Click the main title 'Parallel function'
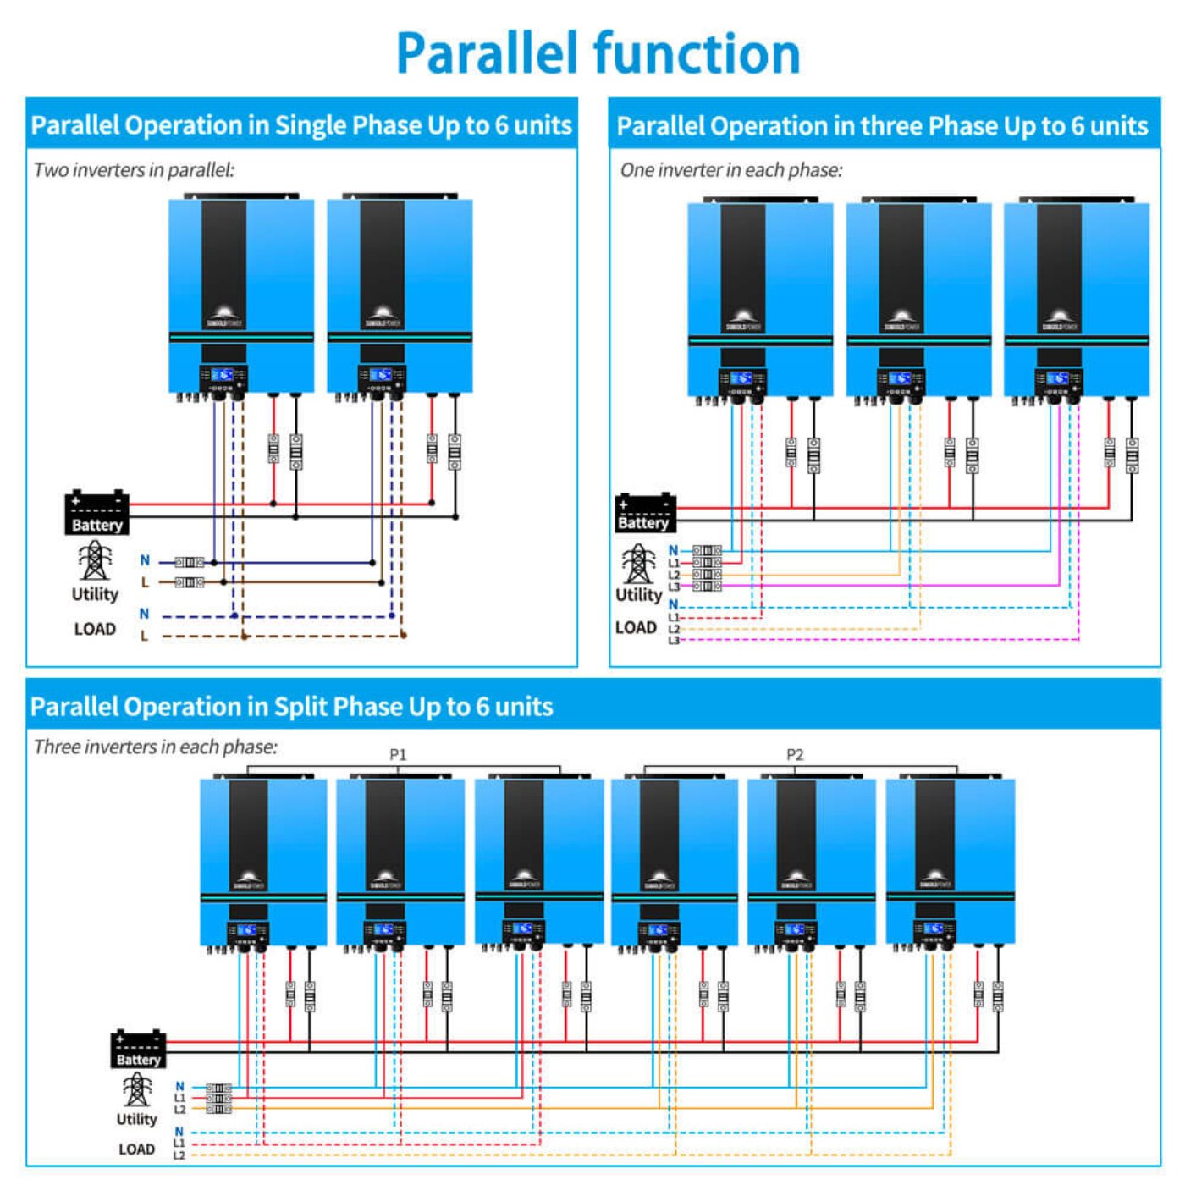(598, 53)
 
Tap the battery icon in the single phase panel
(96, 512)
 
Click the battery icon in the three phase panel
(645, 512)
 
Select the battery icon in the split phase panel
(138, 1049)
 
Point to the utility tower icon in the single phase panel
(94, 561)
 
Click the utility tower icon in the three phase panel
(638, 564)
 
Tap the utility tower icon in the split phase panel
(137, 1090)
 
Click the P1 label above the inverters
(398, 754)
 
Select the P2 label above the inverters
(795, 754)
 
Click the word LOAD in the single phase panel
(95, 629)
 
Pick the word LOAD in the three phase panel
(636, 627)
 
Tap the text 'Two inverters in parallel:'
(134, 170)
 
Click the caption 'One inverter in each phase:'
(731, 170)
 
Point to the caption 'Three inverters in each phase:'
(156, 747)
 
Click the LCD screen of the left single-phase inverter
(223, 375)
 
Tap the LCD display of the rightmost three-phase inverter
(1058, 378)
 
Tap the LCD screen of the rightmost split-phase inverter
(933, 929)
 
